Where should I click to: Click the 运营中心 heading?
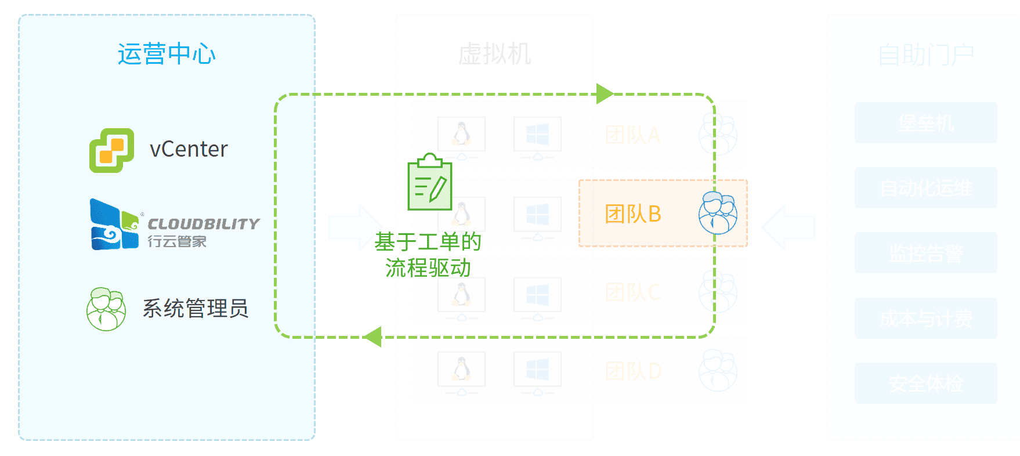click(x=167, y=54)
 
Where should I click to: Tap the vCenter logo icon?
click(x=111, y=150)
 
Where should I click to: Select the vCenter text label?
click(x=189, y=150)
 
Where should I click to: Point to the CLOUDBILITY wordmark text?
click(x=203, y=223)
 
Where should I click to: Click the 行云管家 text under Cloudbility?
click(x=177, y=241)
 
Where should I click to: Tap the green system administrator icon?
click(x=106, y=309)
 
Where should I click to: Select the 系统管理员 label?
click(x=196, y=308)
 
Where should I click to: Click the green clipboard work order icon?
click(x=430, y=182)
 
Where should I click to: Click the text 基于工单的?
click(x=428, y=241)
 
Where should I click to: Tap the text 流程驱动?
click(x=428, y=268)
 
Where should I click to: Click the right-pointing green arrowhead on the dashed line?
click(x=605, y=94)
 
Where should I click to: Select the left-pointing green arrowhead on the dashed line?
click(x=372, y=336)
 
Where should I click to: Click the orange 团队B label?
click(x=632, y=214)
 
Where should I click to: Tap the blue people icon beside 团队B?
click(x=718, y=213)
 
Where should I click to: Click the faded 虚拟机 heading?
click(x=494, y=54)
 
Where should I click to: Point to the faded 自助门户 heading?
click(x=925, y=55)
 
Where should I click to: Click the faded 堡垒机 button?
click(x=925, y=123)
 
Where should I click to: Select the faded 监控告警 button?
click(x=925, y=253)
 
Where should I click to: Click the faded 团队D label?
click(x=632, y=371)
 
